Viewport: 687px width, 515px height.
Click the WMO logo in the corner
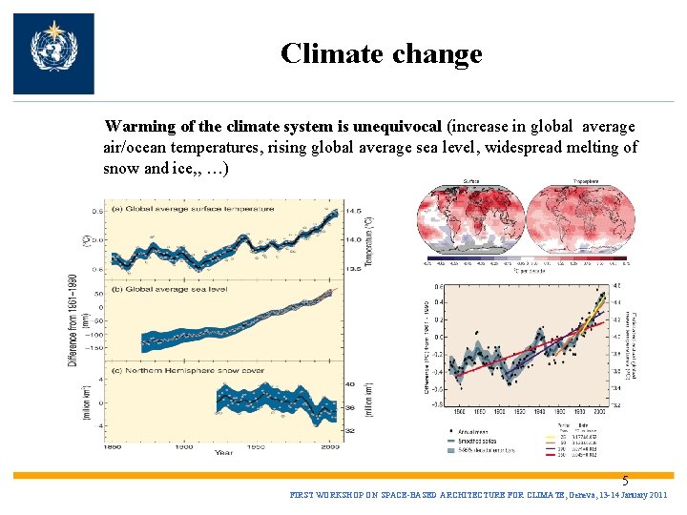[53, 53]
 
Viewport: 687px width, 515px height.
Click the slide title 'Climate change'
[381, 53]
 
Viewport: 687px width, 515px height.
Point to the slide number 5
[626, 482]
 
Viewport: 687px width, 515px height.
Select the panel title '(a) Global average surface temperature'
[196, 208]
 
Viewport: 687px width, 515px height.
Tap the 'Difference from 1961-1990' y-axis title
[73, 320]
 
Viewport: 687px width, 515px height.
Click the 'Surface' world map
[470, 219]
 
